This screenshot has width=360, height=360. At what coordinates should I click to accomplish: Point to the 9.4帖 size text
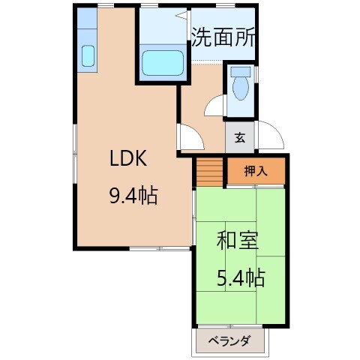133,196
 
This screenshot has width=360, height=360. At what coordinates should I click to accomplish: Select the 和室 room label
238,241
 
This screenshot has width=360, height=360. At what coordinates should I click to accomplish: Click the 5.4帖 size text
240,278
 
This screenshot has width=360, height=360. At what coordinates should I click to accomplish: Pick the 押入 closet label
255,171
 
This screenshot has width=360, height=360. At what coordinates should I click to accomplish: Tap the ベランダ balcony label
231,343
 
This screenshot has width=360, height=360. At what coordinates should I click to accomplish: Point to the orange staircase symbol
209,172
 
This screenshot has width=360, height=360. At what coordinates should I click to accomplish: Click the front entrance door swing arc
272,135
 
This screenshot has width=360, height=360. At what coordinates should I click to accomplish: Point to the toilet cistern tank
240,73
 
